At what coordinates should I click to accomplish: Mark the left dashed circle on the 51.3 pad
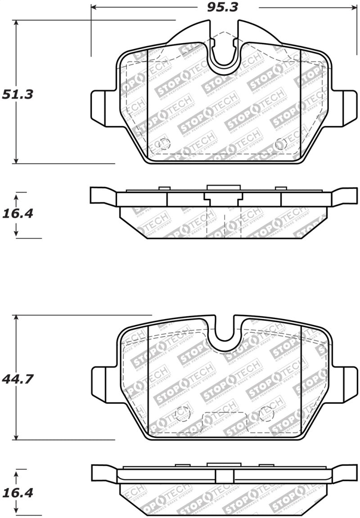165,144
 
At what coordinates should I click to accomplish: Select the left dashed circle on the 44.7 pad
182,414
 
